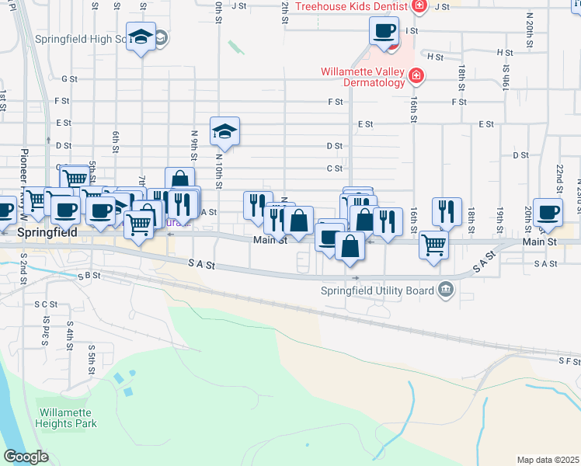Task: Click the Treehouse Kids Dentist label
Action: point(353,6)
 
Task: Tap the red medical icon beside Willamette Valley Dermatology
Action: point(417,75)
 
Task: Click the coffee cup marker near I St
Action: point(384,32)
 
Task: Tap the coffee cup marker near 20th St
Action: point(548,211)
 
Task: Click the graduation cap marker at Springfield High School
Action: point(141,37)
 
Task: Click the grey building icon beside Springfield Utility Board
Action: point(446,290)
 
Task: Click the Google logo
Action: point(26,457)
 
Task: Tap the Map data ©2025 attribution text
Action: point(548,460)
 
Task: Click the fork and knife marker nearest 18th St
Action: point(447,211)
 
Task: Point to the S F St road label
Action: point(568,361)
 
